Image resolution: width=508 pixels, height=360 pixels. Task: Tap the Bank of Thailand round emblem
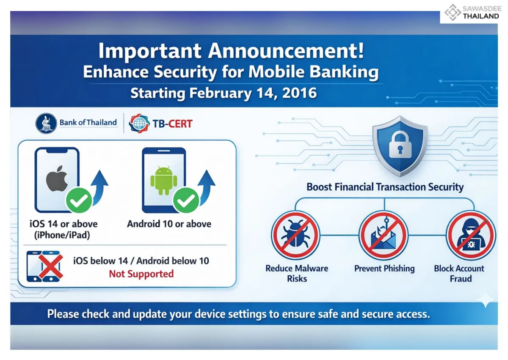coord(46,123)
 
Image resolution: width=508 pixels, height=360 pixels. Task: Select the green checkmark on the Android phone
coord(186,201)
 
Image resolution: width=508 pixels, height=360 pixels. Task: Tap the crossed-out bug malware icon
coord(295,235)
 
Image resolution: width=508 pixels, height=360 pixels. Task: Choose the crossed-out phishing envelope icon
coord(383,235)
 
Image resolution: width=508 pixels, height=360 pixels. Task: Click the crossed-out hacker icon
coord(470,235)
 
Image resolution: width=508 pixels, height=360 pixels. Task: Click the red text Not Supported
coord(141,274)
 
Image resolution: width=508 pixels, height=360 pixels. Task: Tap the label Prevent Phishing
coord(384,268)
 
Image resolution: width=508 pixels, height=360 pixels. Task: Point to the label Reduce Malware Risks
coord(297,273)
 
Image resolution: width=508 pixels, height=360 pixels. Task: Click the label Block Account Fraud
coord(459,273)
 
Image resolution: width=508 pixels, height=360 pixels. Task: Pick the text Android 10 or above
coord(169,224)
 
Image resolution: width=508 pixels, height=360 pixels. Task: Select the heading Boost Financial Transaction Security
coord(385,187)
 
